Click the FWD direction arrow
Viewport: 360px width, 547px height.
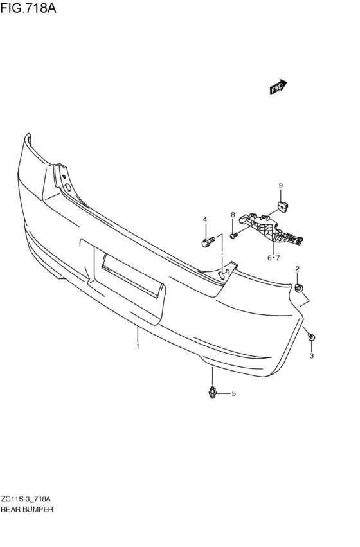(278, 87)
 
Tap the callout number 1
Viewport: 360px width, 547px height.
(138, 346)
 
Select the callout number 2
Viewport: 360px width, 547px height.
(297, 269)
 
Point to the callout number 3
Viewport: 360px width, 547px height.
(312, 356)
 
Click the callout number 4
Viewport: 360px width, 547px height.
(205, 219)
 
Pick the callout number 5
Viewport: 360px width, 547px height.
(233, 393)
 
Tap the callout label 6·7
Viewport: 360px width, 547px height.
(273, 258)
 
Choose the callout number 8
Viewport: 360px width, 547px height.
(233, 215)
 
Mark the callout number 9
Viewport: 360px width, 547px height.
(281, 186)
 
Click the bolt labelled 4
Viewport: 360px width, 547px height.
(206, 241)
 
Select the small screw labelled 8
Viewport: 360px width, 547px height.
(234, 236)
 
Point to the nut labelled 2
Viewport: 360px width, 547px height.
(298, 289)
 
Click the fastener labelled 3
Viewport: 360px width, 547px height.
(311, 337)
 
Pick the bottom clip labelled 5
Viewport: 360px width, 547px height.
(212, 393)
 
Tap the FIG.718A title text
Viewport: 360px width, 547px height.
(28, 7)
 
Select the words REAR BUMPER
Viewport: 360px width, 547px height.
(27, 510)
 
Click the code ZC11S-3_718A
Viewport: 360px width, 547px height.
(26, 499)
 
